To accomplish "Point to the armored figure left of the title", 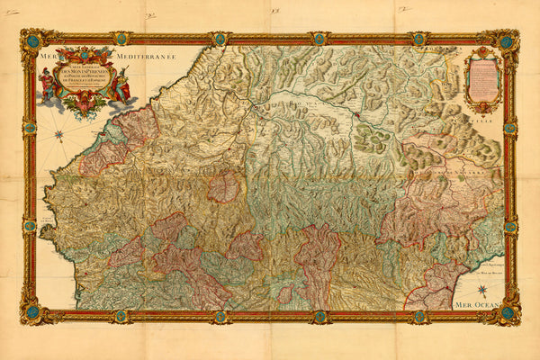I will [47, 83].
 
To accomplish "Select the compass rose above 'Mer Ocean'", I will [482, 290].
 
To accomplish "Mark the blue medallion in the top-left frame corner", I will [32, 40].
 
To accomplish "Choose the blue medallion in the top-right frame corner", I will [508, 41].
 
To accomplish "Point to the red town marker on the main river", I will [356, 115].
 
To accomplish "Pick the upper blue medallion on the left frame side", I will [30, 128].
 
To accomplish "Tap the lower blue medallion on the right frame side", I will [510, 228].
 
